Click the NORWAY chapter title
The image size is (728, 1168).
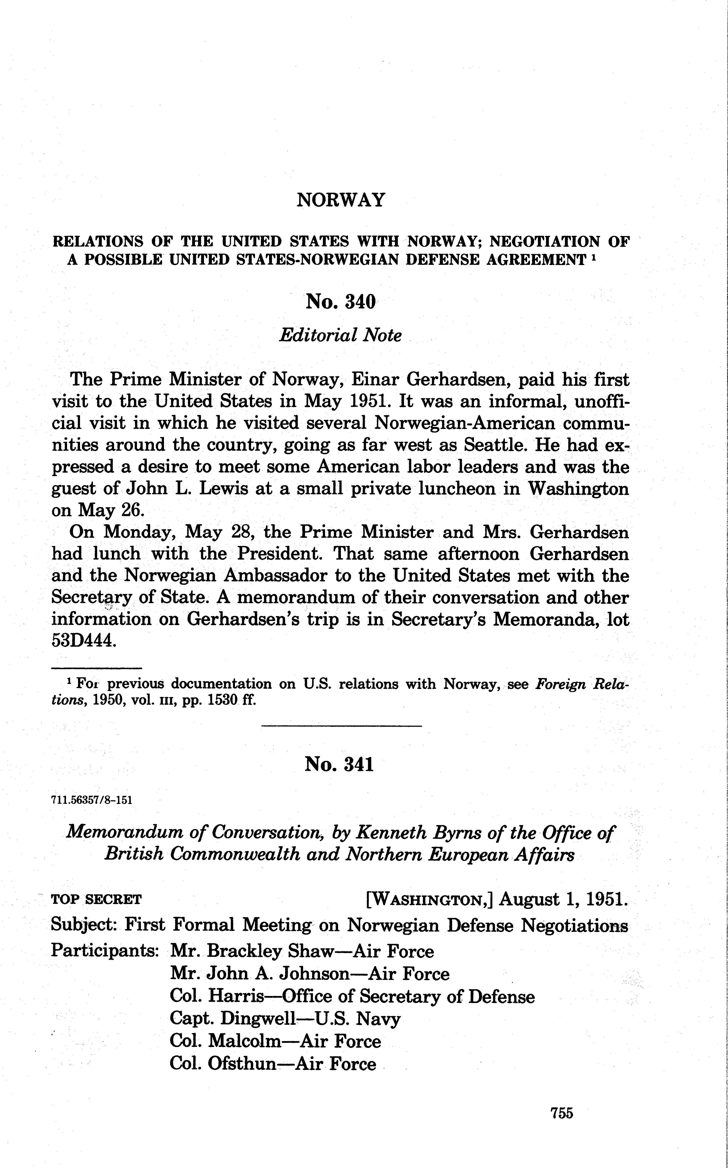pyautogui.click(x=341, y=200)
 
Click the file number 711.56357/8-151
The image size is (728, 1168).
pyautogui.click(x=91, y=800)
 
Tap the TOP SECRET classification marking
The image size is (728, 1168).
pyautogui.click(x=96, y=899)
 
